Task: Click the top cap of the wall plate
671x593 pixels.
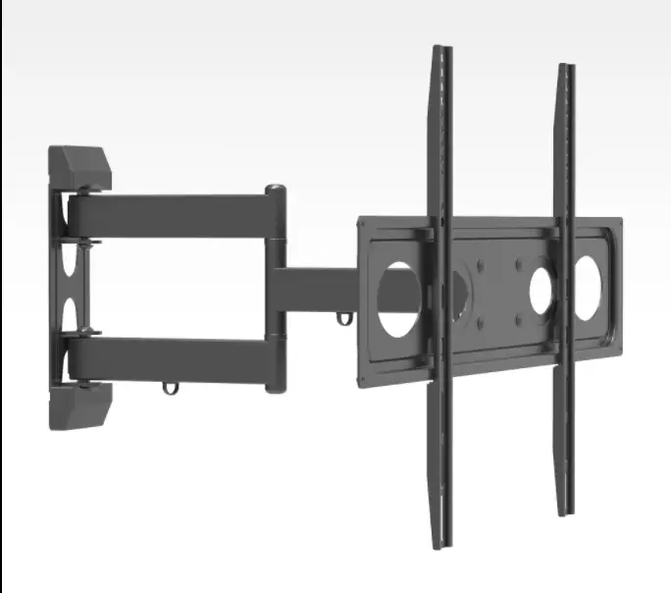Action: (79, 168)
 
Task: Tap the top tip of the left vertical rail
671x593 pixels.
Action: (441, 49)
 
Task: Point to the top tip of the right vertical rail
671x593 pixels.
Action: (566, 69)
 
